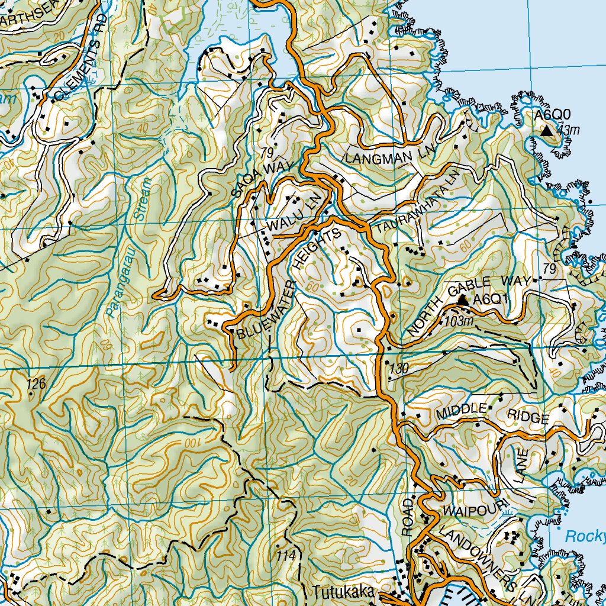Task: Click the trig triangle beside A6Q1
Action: coord(463,301)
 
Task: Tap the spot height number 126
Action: coord(36,383)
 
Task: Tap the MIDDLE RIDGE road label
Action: coord(491,413)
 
